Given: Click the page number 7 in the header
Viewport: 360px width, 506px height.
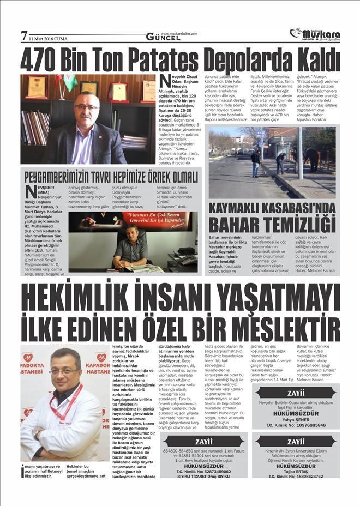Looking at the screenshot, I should (x=24, y=36).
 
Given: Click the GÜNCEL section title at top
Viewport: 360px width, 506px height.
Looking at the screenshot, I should (x=163, y=37).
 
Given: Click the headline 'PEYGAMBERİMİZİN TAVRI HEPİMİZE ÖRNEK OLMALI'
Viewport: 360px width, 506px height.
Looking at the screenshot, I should (x=111, y=177).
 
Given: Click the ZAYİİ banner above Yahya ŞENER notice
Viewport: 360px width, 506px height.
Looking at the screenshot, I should (x=296, y=393).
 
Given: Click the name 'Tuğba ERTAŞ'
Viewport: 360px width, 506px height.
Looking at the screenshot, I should (x=296, y=470).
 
